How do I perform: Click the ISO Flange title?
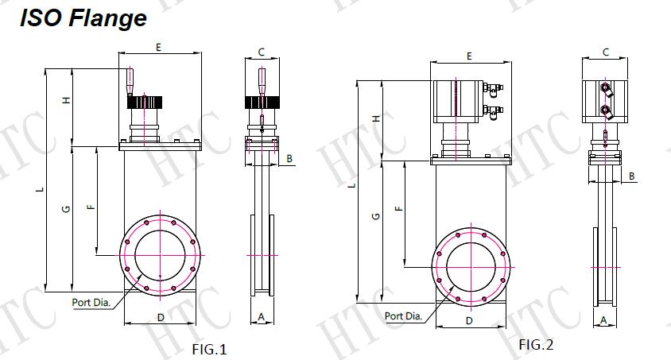(x=83, y=18)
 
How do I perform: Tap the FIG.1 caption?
(x=209, y=350)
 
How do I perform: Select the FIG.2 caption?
(x=536, y=344)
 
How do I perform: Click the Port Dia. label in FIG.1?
(x=91, y=302)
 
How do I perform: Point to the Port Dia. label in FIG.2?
(x=404, y=316)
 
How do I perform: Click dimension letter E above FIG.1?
(x=158, y=47)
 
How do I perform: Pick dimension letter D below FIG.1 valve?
(x=161, y=317)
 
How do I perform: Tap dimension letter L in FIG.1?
(x=41, y=189)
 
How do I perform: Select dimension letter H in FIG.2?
(x=376, y=118)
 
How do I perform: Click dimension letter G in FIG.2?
(x=376, y=216)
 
